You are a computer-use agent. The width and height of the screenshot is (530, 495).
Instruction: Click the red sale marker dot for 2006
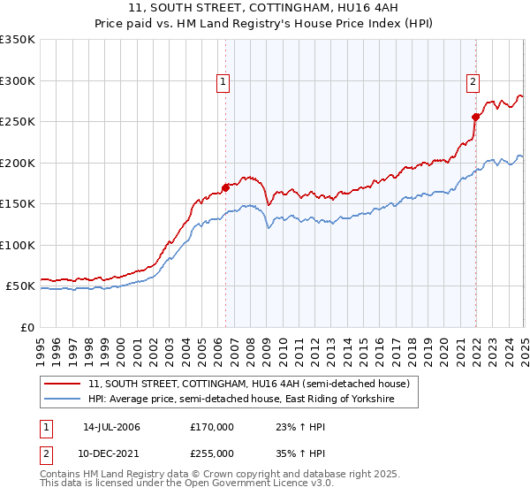tap(225, 187)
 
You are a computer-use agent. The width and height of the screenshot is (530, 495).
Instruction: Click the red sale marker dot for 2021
tap(475, 117)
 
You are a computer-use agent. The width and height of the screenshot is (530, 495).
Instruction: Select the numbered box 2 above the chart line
tap(473, 82)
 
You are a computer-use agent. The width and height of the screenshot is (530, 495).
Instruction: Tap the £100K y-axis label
tap(18, 245)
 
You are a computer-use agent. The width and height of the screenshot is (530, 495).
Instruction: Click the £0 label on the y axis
tap(26, 327)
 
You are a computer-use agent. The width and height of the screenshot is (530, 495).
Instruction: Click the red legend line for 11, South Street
tap(63, 385)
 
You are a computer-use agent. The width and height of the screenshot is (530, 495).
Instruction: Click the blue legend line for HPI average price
tap(63, 400)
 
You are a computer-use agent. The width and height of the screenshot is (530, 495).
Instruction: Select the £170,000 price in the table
tap(212, 427)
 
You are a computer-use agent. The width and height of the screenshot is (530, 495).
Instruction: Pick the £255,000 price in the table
tap(212, 453)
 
